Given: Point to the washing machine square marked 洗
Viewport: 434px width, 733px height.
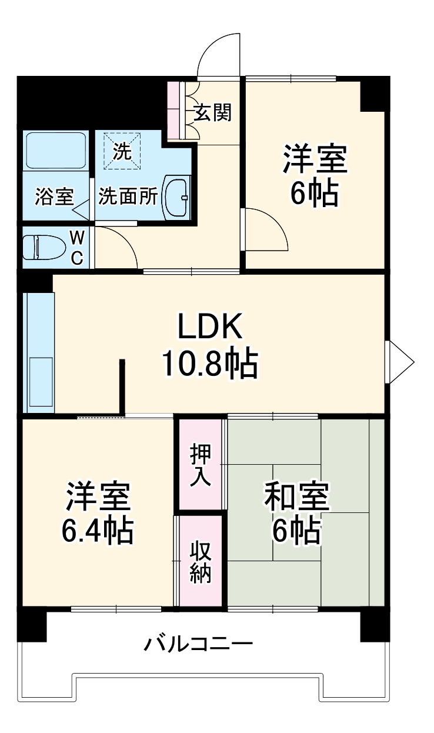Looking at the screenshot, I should coord(122,151).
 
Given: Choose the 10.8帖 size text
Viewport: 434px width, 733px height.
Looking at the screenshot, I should coord(210,365).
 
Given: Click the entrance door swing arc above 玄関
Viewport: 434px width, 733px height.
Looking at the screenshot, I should coord(219,53).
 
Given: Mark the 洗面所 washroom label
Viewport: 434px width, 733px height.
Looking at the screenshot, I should coord(128,196).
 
